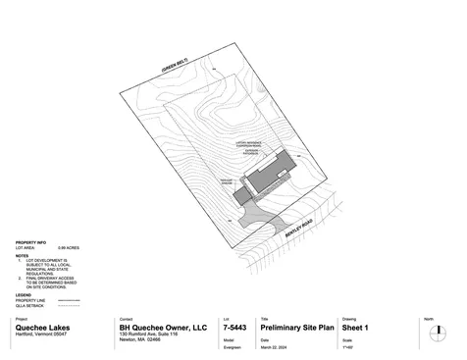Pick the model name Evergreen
click(x=233, y=348)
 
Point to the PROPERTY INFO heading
click(x=30, y=241)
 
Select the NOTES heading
click(x=22, y=253)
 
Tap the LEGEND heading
click(x=23, y=293)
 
